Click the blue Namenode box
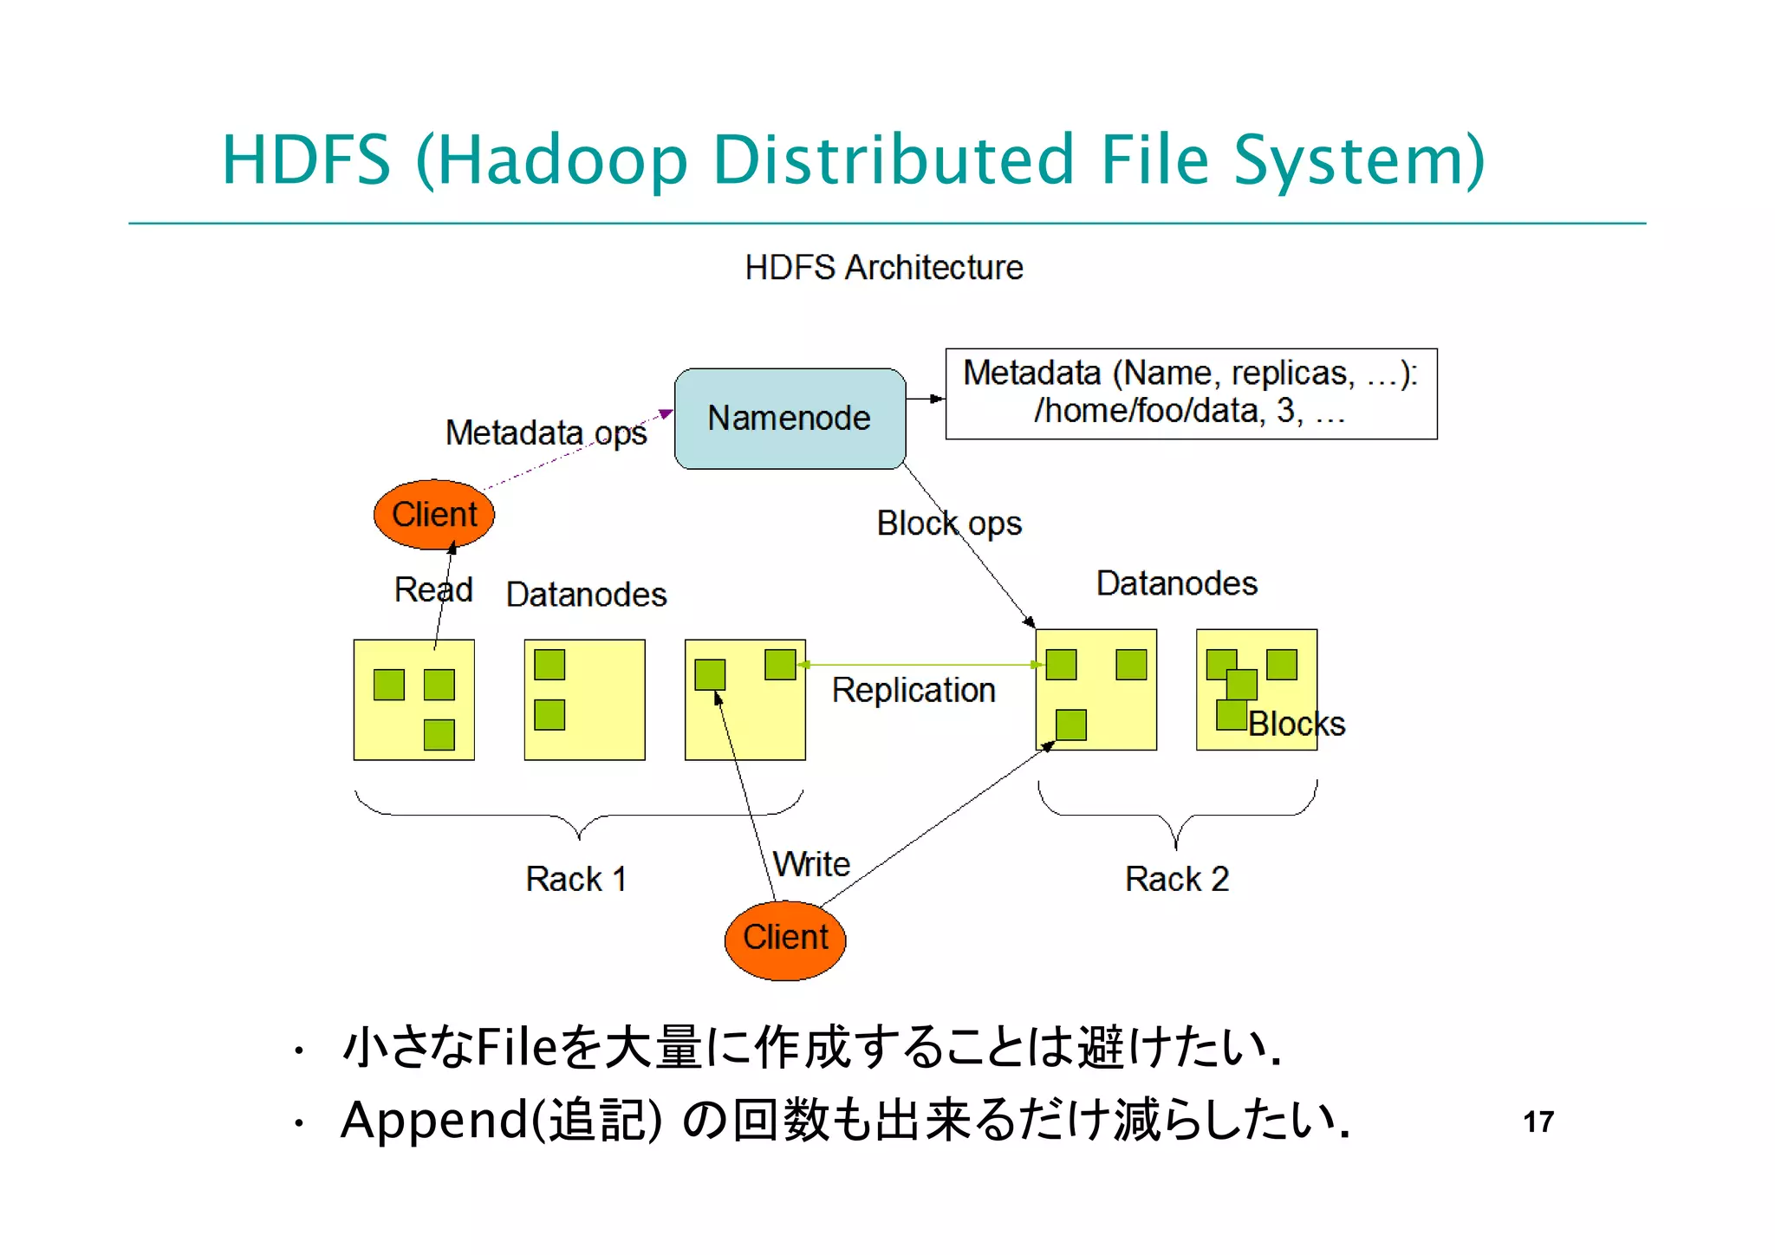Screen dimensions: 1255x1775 [789, 419]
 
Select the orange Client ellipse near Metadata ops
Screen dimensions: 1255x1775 [433, 515]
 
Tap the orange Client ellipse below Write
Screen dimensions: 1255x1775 [785, 939]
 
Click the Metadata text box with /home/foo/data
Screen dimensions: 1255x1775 [1190, 393]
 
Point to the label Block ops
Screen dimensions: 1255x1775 [949, 523]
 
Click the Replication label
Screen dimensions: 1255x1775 [914, 691]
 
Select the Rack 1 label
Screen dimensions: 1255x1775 [575, 879]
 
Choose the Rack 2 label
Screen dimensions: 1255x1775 [1176, 879]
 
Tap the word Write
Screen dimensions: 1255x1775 [812, 864]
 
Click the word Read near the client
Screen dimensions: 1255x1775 [433, 590]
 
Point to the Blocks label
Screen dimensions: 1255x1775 [1297, 724]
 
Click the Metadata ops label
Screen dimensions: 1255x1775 [546, 432]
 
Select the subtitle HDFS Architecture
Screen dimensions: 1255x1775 [884, 268]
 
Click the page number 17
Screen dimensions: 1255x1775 [1538, 1122]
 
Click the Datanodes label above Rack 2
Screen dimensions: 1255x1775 [1176, 583]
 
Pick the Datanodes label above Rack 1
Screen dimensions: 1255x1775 [586, 595]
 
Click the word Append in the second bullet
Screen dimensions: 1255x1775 [433, 1120]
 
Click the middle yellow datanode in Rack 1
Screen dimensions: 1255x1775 [585, 699]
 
